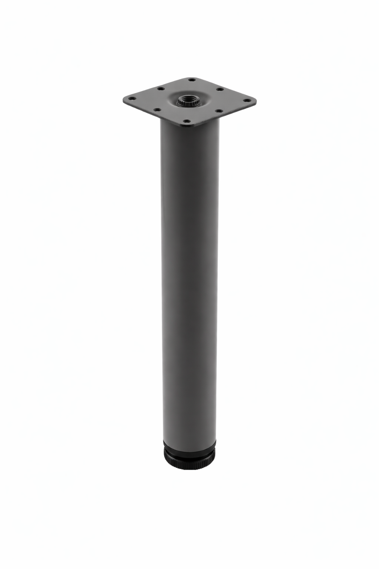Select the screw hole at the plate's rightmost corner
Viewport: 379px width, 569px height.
[246, 100]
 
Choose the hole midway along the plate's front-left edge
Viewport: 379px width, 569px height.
[157, 110]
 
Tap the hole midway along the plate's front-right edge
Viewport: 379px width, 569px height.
[217, 110]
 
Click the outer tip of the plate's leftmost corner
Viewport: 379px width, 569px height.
[124, 100]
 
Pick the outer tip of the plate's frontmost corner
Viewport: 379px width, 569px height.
[189, 128]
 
